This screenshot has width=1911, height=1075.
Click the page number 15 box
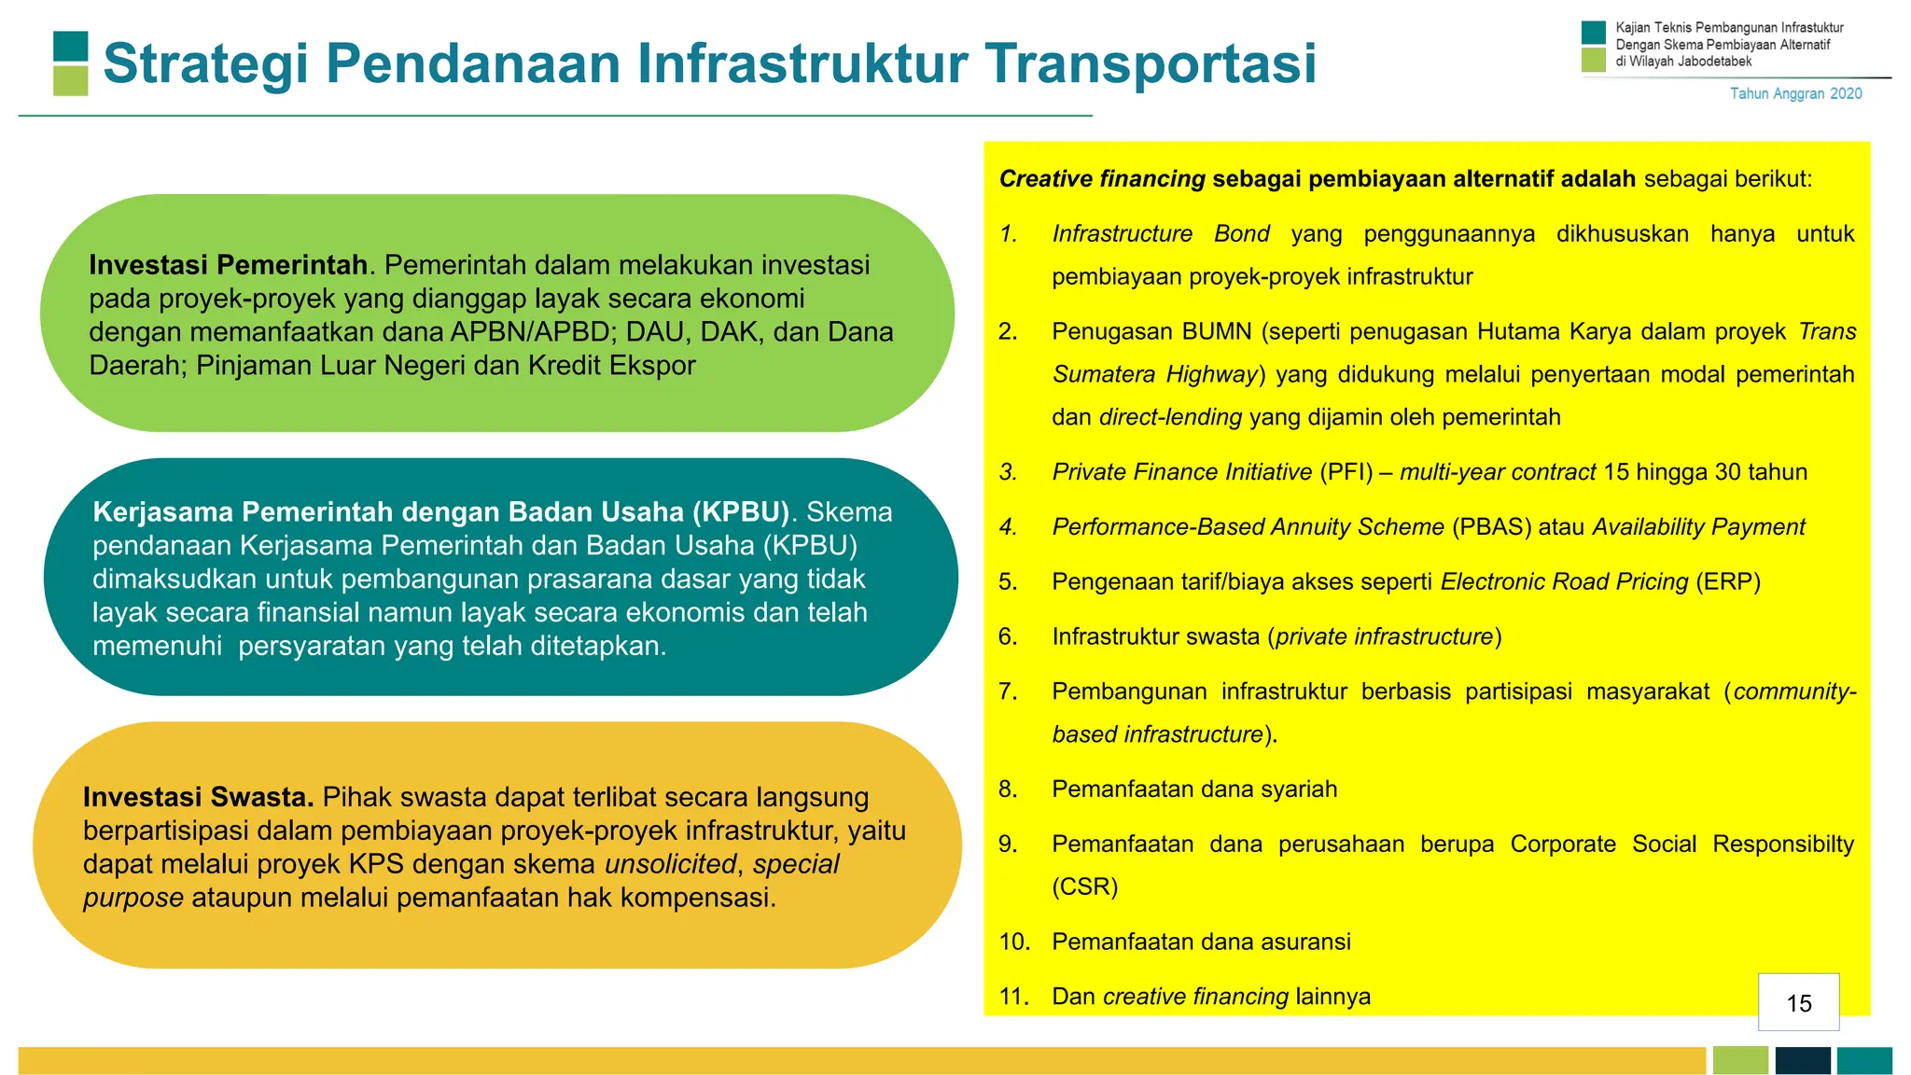pyautogui.click(x=1798, y=1002)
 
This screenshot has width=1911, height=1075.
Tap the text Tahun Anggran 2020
pyautogui.click(x=1795, y=93)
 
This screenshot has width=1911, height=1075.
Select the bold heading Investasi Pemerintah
pyautogui.click(x=228, y=265)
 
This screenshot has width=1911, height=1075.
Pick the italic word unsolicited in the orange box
pyautogui.click(x=670, y=864)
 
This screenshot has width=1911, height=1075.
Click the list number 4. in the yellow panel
pyautogui.click(x=1008, y=527)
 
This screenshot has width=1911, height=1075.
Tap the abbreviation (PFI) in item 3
pyautogui.click(x=1346, y=472)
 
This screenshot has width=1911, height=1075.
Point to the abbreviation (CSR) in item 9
pyautogui.click(x=1084, y=887)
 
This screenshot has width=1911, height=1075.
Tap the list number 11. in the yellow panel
pyautogui.click(x=1013, y=997)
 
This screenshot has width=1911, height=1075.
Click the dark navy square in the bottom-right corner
pyautogui.click(x=1802, y=1060)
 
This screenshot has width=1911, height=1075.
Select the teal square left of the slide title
pyautogui.click(x=71, y=47)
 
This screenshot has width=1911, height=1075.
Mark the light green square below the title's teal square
pyautogui.click(x=71, y=80)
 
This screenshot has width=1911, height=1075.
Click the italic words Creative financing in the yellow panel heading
pyautogui.click(x=1102, y=179)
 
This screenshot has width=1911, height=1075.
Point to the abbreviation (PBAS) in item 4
pyautogui.click(x=1491, y=527)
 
